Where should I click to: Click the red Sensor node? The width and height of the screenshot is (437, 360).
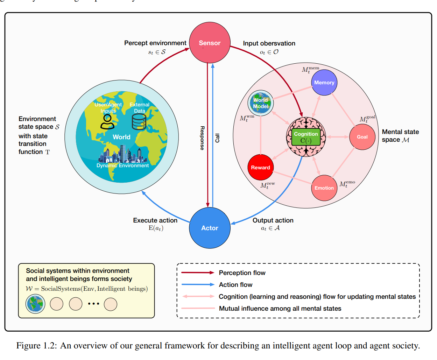210,43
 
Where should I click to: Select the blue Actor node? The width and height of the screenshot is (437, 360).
210,228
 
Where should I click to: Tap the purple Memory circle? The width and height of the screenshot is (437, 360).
324,83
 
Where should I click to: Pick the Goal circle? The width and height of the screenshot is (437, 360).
362,137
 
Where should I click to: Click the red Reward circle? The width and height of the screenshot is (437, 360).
260,168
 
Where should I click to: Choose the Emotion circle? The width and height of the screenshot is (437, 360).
324,188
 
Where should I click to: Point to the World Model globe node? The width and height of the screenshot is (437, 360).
261,103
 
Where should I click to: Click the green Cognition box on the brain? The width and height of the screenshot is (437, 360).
306,137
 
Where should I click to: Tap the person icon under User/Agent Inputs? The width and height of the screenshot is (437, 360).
107,122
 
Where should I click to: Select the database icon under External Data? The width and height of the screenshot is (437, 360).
139,122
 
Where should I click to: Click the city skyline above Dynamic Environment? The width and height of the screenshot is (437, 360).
122,155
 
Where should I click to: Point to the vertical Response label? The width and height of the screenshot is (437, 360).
202,138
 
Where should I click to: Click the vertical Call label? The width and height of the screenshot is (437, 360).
217,138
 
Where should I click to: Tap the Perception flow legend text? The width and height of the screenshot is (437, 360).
242,273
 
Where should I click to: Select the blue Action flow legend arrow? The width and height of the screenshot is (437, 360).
198,284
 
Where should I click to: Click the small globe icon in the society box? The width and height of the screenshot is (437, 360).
35,304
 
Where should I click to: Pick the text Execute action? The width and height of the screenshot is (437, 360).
155,220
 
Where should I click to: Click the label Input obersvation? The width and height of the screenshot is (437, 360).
269,43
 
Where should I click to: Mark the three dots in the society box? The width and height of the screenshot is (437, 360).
93,304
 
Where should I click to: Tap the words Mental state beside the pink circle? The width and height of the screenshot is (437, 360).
400,132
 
